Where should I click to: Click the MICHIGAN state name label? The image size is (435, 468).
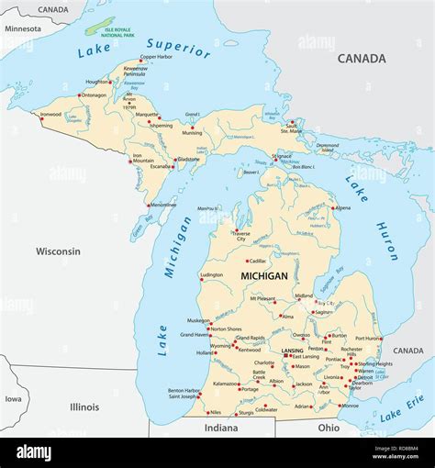click(x=263, y=275)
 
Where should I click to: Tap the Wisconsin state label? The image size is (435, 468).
click(x=58, y=251)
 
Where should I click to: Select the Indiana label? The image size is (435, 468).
click(x=220, y=427)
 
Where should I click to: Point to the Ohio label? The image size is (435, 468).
click(x=328, y=427)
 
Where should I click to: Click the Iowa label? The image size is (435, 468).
click(x=13, y=399)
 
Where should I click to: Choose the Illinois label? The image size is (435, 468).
click(x=84, y=406)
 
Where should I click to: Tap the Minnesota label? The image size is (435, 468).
click(x=22, y=28)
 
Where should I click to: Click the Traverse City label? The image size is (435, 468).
click(x=240, y=237)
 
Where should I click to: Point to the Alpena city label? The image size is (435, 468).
click(x=341, y=207)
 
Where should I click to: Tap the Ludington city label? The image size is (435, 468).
click(x=211, y=274)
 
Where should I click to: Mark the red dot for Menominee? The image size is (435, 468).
click(x=148, y=205)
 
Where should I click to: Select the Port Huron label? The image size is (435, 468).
click(x=367, y=338)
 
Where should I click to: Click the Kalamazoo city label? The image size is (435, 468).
click(x=225, y=384)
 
